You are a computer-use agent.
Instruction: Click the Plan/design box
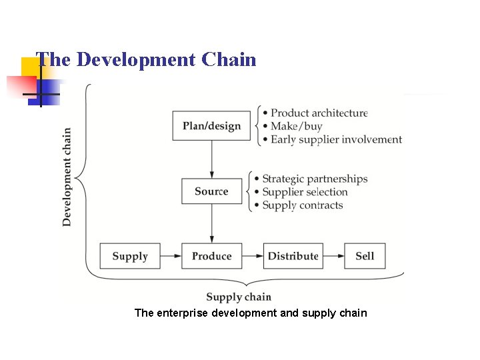point(211,126)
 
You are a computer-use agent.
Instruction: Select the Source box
point(211,191)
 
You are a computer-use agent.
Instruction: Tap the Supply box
point(130,256)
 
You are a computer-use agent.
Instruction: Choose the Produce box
point(211,256)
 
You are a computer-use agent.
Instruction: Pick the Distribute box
point(293,256)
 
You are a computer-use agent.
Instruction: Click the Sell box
point(365,256)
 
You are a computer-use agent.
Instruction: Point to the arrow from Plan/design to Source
point(211,159)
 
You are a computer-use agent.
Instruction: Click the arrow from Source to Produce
point(211,223)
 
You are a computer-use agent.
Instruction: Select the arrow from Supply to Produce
point(171,256)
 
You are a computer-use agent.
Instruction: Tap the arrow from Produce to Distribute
point(252,256)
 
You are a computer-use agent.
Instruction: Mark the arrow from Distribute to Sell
point(333,256)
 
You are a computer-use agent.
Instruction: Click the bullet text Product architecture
point(319,113)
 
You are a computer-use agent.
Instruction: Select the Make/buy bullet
point(296,126)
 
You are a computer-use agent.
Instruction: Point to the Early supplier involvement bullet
point(336,139)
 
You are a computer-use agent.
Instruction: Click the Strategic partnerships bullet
point(315,179)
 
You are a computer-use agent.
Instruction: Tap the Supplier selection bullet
point(305,192)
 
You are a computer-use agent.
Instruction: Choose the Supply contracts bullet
point(302,205)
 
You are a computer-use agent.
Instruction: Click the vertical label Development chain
point(67,177)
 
